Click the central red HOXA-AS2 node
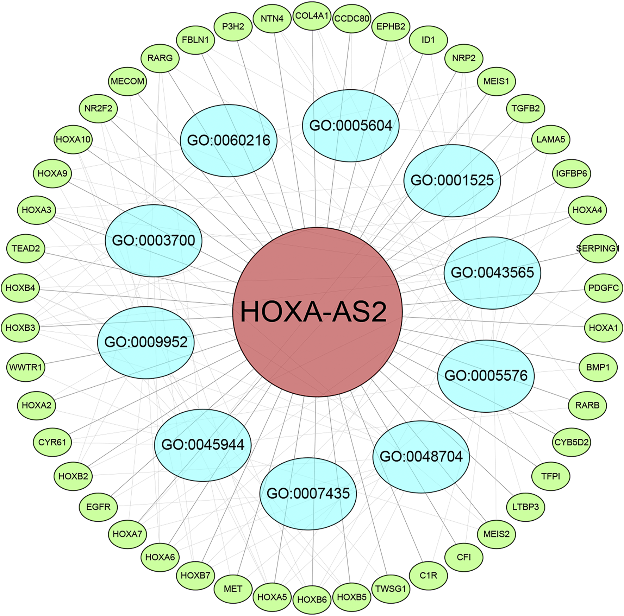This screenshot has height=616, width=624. tap(317, 312)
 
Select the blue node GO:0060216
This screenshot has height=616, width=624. tap(229, 140)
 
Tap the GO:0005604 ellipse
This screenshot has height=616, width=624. tap(351, 126)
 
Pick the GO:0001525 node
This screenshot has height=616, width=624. tap(452, 180)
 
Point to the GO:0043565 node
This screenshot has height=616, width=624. tap(492, 273)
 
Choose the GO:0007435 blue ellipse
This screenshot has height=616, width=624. tap(308, 493)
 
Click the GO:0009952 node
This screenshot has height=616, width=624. tap(146, 342)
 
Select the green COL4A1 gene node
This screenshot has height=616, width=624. tap(312, 16)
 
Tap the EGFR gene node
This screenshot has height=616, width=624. tap(98, 507)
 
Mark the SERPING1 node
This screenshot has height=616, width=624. tap(598, 248)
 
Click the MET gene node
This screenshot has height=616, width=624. tap(233, 589)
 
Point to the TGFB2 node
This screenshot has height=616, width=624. tap(526, 108)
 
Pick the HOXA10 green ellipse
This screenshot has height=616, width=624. tap(73, 140)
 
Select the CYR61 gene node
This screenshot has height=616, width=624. tap(52, 442)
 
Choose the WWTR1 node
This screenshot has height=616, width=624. tap(26, 367)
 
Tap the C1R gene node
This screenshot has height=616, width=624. tap(429, 576)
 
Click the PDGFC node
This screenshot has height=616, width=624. tap(604, 288)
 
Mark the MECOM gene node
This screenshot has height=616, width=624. tap(127, 81)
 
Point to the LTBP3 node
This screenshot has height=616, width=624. tap(525, 507)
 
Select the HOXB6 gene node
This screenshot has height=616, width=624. tap(312, 599)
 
